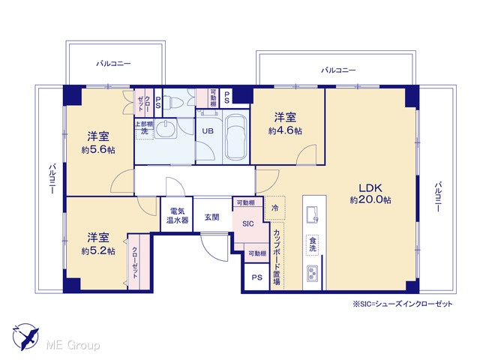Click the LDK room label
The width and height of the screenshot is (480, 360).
coord(370,187)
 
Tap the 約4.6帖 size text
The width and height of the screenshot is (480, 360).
coord(285,131)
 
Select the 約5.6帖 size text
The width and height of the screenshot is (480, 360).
coord(98,150)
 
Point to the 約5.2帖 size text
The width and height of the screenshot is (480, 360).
coord(98,251)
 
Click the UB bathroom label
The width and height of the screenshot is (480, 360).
coord(208,131)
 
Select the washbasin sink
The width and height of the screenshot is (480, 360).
coord(166,129)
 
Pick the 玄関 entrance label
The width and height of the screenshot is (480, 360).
coord(211,217)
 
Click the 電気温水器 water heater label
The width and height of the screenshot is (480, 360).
coord(177,215)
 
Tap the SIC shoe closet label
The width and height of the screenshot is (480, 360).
coord(248,223)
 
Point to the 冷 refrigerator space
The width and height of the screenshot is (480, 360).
coord(274,208)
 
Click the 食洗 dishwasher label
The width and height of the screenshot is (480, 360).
coord(313,244)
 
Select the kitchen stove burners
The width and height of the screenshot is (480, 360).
coord(312,273)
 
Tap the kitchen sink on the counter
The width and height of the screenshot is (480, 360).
coord(312,214)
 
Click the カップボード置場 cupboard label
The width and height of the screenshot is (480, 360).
coord(277,256)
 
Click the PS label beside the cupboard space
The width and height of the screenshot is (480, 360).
coord(257,277)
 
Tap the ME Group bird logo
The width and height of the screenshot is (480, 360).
coord(25,337)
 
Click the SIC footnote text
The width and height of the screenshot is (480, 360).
coord(403,304)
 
